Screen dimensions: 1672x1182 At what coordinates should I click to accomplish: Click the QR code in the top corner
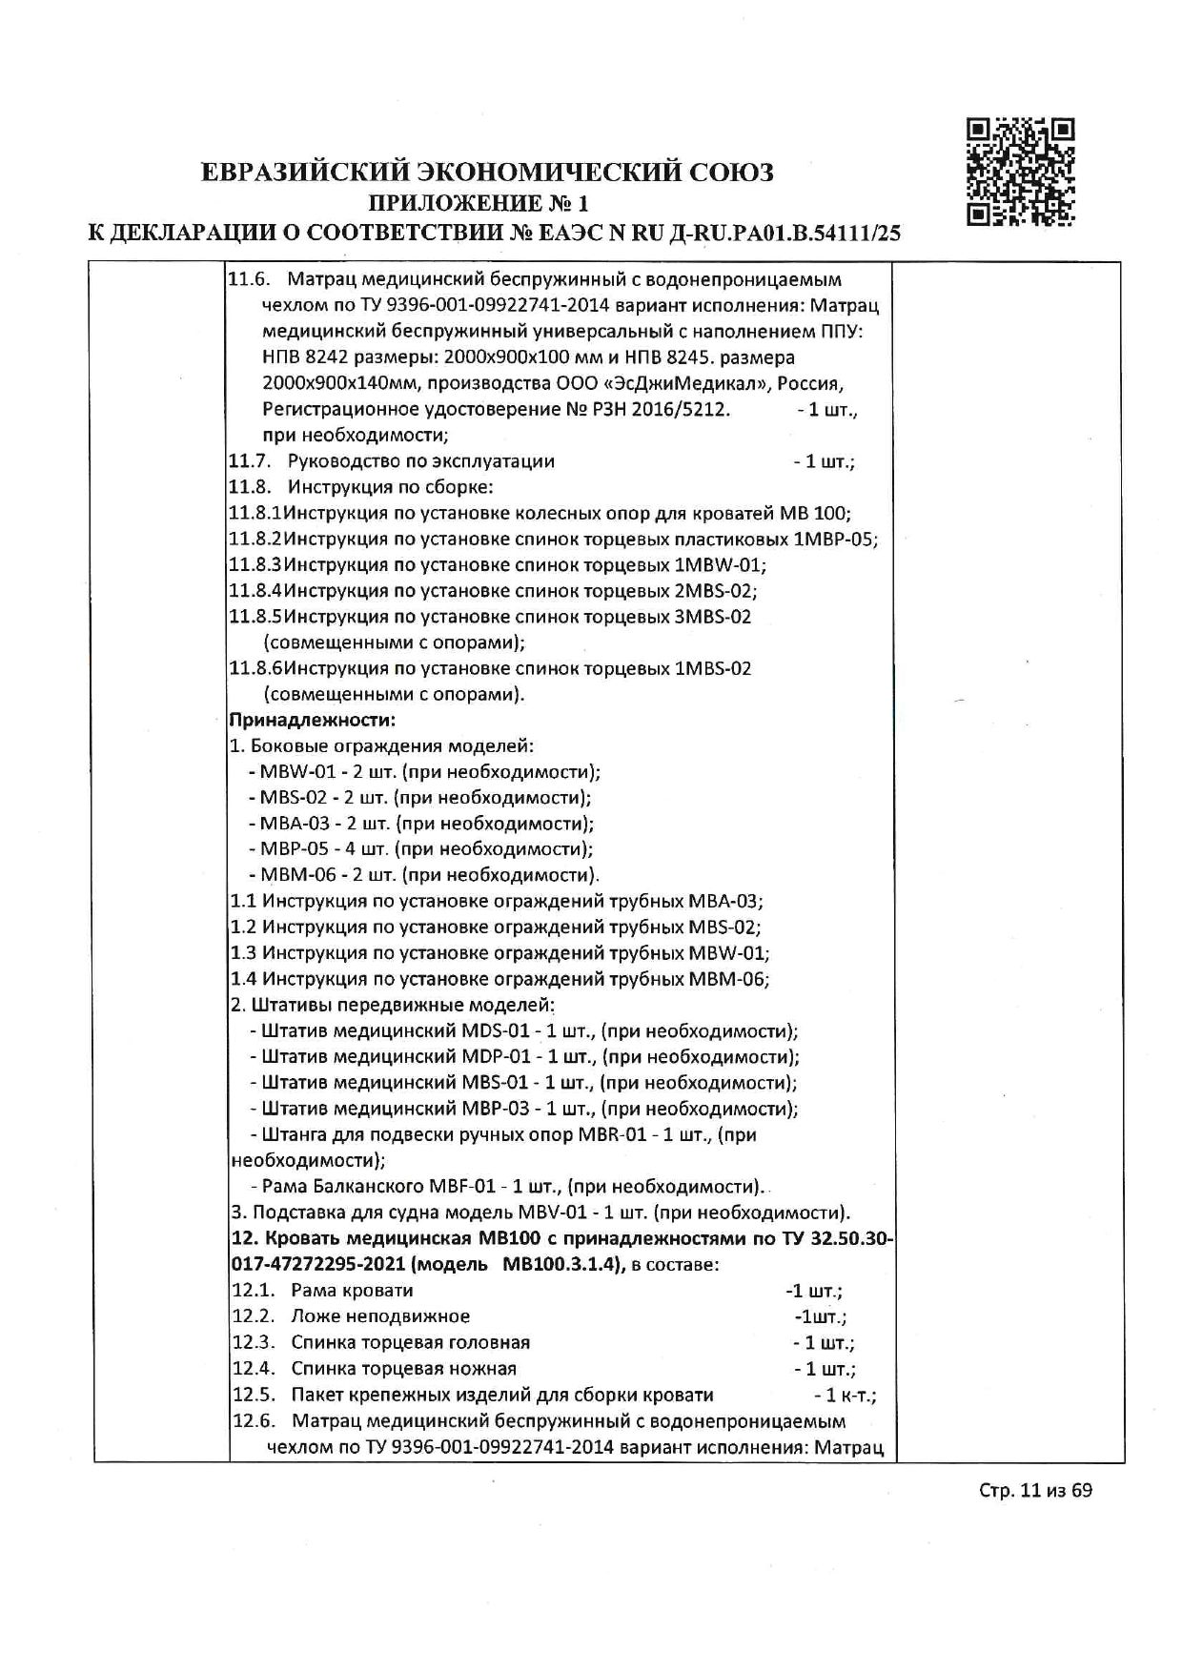1021,172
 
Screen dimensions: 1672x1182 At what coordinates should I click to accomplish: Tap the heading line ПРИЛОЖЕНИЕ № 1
479,202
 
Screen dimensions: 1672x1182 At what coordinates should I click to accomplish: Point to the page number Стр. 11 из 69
1035,1517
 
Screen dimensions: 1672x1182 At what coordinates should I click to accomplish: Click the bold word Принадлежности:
313,719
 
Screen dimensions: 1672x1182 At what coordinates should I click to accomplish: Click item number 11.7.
249,461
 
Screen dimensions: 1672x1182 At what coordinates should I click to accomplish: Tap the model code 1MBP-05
835,539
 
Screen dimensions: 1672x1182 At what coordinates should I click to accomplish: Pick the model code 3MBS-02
712,616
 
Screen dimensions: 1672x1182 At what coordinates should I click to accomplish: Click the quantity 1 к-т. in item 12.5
845,1395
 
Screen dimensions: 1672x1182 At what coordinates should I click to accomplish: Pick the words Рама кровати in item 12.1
352,1290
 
